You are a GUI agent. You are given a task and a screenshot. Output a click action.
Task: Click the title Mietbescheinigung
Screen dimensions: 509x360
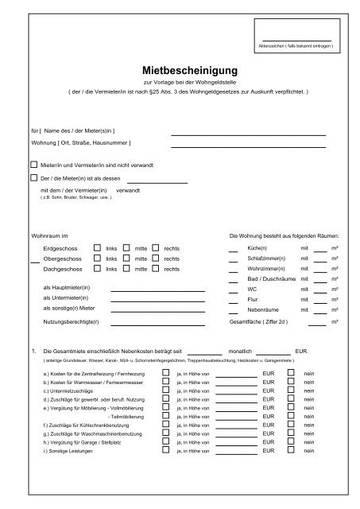[180, 69]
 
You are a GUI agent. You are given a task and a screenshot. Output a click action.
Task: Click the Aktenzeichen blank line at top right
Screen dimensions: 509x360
[296, 39]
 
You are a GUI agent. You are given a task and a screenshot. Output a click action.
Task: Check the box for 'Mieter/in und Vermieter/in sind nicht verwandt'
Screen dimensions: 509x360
[33, 165]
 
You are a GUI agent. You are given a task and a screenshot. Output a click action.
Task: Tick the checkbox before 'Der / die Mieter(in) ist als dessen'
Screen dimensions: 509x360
[33, 179]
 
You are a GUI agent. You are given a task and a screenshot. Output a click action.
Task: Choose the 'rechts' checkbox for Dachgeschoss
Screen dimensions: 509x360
[156, 269]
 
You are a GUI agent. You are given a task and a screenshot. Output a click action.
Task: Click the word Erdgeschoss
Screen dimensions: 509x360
[60, 248]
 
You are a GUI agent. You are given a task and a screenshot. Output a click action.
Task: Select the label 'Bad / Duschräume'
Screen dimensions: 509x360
[269, 280]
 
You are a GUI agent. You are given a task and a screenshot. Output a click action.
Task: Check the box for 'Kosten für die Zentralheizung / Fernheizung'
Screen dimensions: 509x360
[165, 371]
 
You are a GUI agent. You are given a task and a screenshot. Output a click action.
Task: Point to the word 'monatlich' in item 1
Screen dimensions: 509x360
[240, 351]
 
